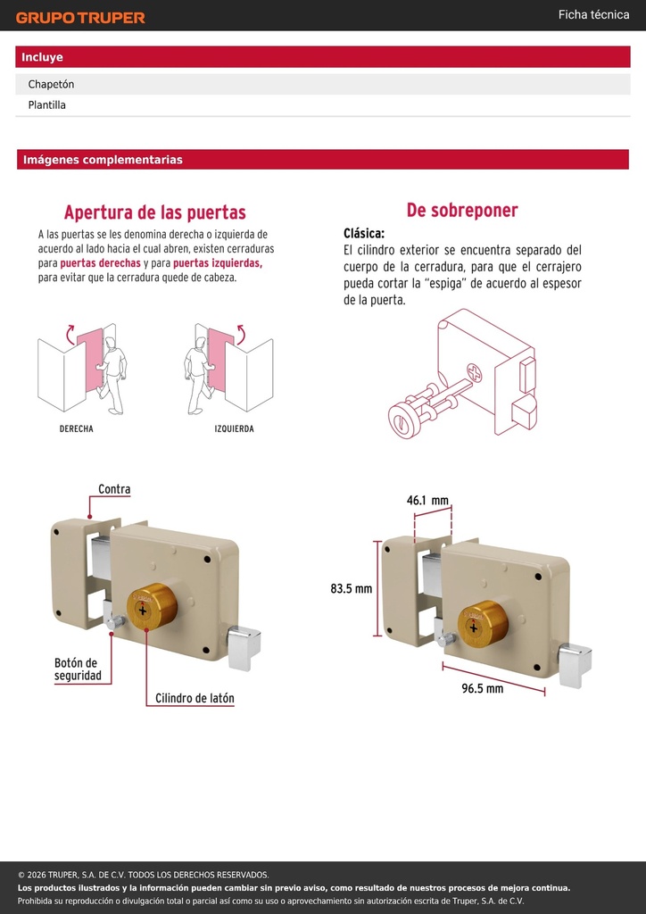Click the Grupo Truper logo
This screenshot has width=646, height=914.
80,18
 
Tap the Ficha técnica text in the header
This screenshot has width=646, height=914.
593,15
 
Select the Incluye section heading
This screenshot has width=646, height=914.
42,57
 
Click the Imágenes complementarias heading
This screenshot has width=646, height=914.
103,160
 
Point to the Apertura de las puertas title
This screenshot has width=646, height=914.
155,212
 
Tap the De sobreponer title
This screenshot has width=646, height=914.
462,211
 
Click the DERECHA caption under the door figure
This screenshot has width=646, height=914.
77,428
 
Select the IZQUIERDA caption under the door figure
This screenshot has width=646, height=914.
234,428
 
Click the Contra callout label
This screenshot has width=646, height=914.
114,489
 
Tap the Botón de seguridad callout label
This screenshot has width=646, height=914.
78,669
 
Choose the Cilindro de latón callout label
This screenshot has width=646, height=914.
195,698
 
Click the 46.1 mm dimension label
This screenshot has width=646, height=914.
427,500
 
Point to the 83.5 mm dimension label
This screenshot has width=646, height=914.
352,589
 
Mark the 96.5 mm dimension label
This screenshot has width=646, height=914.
483,688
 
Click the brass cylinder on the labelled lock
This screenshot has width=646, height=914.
152,606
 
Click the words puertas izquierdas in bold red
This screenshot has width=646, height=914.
218,263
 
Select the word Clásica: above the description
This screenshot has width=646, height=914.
364,234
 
